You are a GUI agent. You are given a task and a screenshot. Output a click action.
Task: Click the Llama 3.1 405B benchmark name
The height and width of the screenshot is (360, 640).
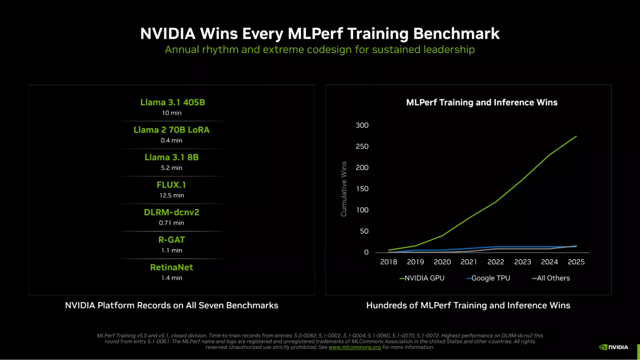pos(173,102)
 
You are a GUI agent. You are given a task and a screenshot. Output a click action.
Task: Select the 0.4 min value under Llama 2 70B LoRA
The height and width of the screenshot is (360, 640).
pos(171,140)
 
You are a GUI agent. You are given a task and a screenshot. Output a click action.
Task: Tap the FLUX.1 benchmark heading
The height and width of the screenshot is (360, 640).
pos(171,185)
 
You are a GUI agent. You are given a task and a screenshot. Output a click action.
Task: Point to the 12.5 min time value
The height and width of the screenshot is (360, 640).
pos(171,195)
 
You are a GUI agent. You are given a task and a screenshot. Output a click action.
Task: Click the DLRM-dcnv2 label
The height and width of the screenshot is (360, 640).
pos(171,213)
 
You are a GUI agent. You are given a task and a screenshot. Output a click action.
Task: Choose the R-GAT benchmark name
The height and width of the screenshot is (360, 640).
pos(171,240)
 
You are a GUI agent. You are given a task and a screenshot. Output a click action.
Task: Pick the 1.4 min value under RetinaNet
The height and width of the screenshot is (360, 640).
pos(171,278)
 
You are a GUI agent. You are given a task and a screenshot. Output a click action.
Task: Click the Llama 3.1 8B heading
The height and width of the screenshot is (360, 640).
pos(171,157)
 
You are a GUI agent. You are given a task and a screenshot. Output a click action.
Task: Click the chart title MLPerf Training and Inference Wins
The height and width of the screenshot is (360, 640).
pos(482,102)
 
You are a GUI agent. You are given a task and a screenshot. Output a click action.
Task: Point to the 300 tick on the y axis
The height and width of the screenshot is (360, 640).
pos(362,125)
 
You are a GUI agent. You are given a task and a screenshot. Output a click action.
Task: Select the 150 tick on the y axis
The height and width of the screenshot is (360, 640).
pos(362,189)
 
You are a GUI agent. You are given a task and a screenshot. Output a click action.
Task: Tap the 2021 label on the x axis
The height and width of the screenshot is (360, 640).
pos(469,262)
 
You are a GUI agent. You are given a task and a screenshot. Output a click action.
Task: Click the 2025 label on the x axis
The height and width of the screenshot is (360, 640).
pos(576,262)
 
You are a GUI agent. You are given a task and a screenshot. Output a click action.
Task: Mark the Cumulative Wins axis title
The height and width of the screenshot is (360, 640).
pos(344,189)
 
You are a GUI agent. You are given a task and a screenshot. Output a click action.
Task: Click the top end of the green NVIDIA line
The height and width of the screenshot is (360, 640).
pos(576,136)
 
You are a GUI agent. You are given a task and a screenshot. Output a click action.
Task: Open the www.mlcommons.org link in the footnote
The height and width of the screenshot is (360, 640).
pos(355,347)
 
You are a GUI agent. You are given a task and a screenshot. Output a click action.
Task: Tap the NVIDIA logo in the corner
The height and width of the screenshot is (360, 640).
pos(613,347)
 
